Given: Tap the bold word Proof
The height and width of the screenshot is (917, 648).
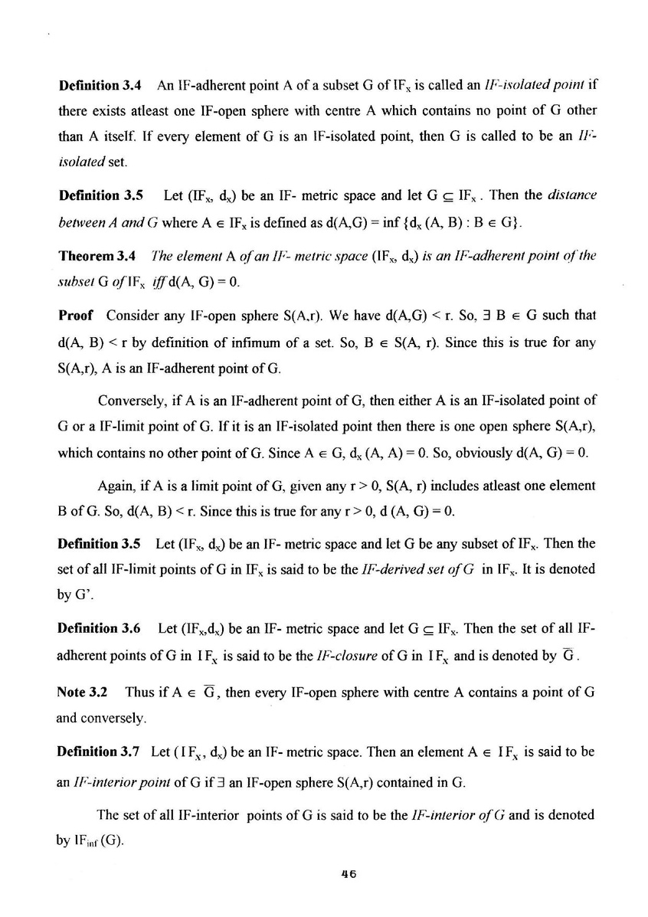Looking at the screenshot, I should click(x=75, y=316).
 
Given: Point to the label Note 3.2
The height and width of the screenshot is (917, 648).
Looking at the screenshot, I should click(x=82, y=691).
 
